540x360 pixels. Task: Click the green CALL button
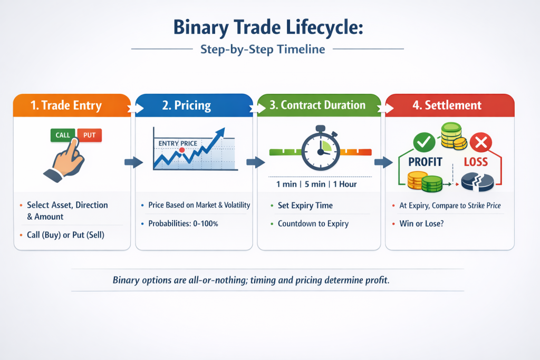[x=63, y=135]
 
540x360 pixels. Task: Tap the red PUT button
[x=89, y=135]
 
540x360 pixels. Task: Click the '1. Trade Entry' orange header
[x=72, y=105]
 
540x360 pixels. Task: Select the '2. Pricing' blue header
[x=194, y=105]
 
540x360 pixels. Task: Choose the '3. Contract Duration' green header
[x=319, y=105]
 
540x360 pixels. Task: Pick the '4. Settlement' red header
[x=450, y=105]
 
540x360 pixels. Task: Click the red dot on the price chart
[x=182, y=150]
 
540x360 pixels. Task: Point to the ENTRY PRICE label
[x=178, y=143]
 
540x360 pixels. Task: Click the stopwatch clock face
[x=321, y=151]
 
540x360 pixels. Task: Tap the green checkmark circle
[x=424, y=142]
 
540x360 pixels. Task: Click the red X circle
[x=481, y=142]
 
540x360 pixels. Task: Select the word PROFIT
[x=425, y=162]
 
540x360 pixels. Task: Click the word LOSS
[x=476, y=162]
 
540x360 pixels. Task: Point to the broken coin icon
[x=477, y=182]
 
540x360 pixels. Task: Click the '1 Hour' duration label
[x=345, y=184]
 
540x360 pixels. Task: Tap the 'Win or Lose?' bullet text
[x=421, y=223]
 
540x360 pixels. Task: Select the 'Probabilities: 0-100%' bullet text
[x=183, y=223]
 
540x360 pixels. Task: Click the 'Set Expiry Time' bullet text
[x=305, y=206]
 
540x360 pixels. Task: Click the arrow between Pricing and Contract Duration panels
[x=256, y=162]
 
